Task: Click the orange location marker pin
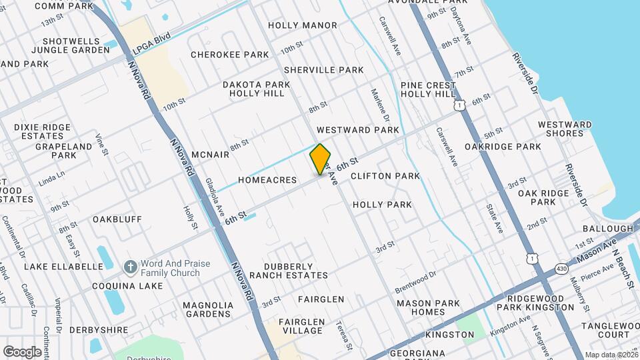[x=320, y=159]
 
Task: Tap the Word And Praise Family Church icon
[x=130, y=268]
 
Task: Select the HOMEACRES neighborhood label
[x=267, y=180]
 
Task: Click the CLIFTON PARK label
[x=385, y=176]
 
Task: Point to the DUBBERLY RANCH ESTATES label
[x=296, y=271]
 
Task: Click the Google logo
[x=22, y=351]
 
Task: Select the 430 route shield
[x=561, y=269]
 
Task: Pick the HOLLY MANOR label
[x=302, y=25]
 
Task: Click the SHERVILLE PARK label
[x=323, y=70]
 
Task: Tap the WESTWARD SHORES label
[x=565, y=129]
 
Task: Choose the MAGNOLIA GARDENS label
[x=208, y=310]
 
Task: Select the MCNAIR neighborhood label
[x=210, y=155]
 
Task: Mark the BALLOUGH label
[x=607, y=229]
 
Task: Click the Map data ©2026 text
[x=610, y=355]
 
